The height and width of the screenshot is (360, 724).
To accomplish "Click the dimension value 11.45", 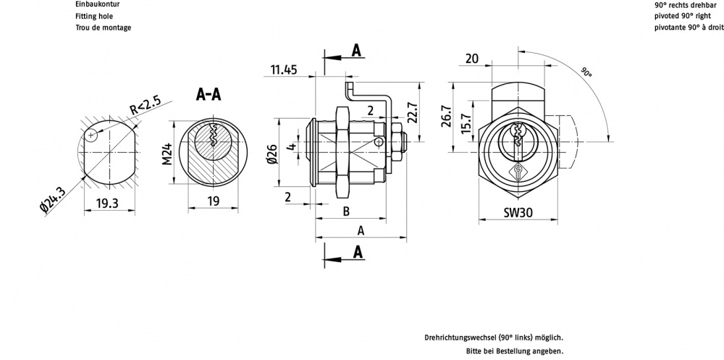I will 284,70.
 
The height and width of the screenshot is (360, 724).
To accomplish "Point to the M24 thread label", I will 166,153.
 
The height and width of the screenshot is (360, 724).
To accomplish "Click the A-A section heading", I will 209,95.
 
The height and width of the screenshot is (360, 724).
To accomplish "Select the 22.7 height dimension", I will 413,112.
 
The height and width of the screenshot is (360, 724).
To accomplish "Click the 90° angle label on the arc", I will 586,72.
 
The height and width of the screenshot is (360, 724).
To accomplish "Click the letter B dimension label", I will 346,212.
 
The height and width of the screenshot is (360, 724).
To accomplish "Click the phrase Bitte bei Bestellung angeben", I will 515,351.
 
